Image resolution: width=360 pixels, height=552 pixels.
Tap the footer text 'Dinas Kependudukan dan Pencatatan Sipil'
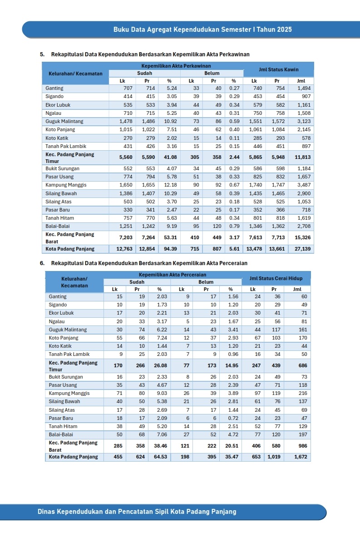click(x=137, y=512)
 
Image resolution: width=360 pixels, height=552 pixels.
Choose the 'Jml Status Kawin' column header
click(x=278, y=69)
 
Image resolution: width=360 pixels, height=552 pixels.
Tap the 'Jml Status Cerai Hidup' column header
click(x=276, y=278)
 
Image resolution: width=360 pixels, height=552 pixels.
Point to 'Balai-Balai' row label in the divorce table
click(x=61, y=434)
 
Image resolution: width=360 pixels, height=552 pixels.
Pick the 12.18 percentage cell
click(x=170, y=185)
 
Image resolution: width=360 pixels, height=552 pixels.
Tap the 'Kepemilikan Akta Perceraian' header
click(x=173, y=275)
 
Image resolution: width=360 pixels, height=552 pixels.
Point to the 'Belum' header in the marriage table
click(x=212, y=74)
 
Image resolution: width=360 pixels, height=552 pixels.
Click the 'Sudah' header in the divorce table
click(x=137, y=282)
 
